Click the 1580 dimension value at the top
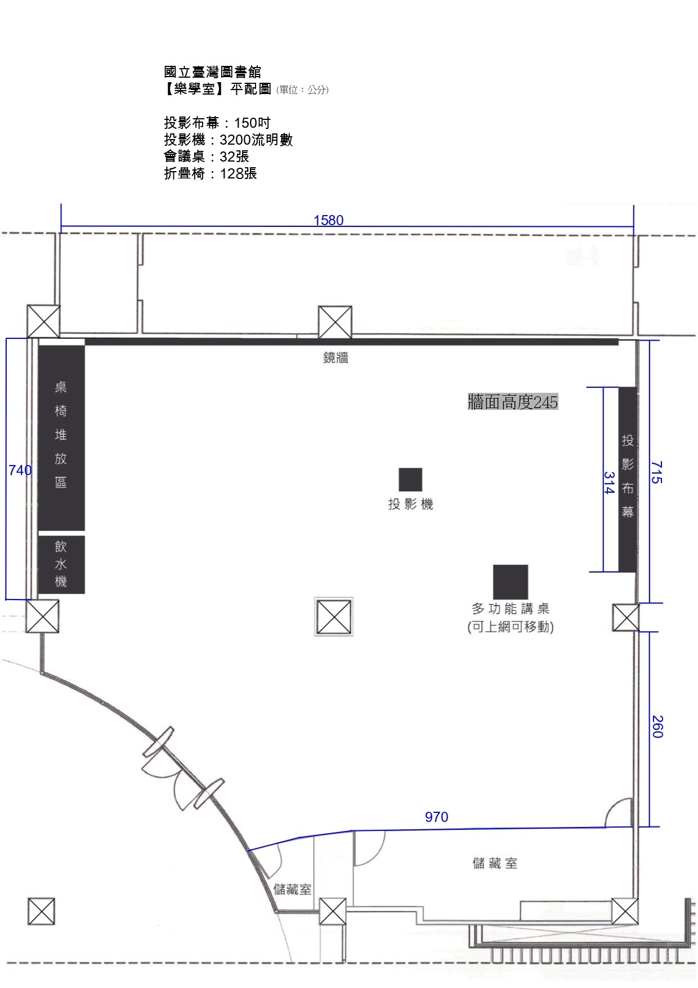point(328,220)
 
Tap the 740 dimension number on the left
point(20,470)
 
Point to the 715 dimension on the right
point(656,472)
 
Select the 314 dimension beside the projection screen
point(608,482)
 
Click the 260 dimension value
point(657,726)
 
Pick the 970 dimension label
point(436,817)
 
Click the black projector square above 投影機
point(410,480)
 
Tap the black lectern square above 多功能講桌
point(511,582)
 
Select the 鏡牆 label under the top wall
point(335,357)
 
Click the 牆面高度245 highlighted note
point(513,402)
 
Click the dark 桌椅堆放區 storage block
point(61,437)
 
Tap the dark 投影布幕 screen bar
point(627,480)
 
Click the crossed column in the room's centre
point(334,617)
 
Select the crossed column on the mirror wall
point(335,323)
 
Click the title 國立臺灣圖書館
point(213,71)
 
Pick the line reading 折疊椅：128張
point(211,173)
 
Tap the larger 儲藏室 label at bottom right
point(495,863)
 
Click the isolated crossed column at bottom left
point(42,911)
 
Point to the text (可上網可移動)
point(511,627)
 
